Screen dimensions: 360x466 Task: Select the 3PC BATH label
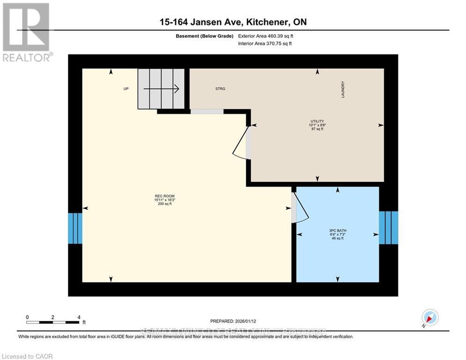(337, 230)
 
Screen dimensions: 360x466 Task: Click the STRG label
(220, 89)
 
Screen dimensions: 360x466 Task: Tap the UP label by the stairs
(126, 89)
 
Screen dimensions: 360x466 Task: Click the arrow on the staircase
(162, 88)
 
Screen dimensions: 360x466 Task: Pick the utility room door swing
(241, 143)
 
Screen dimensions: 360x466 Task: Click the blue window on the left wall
(75, 228)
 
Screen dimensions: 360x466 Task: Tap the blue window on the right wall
(388, 227)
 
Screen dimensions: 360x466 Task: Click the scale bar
(53, 322)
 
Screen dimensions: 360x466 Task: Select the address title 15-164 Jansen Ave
(232, 22)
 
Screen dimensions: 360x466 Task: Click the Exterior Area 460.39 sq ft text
(266, 36)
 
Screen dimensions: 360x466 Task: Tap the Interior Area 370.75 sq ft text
(265, 44)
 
